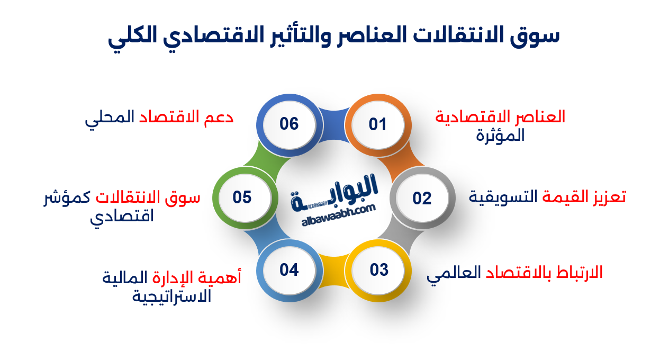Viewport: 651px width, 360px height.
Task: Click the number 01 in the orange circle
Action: coord(378,125)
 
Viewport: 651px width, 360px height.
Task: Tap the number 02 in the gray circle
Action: coord(422,198)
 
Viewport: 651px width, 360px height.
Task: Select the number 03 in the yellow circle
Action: coord(379,270)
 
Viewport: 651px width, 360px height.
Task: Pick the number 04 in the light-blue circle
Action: coord(289,270)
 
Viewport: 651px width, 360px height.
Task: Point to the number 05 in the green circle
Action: coord(242,197)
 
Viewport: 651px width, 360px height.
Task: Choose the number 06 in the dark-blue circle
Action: coord(289,124)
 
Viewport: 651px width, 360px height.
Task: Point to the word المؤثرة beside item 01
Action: coord(500,136)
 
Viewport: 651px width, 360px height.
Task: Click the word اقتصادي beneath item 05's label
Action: coord(122,217)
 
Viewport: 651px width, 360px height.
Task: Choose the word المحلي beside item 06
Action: coord(109,118)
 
